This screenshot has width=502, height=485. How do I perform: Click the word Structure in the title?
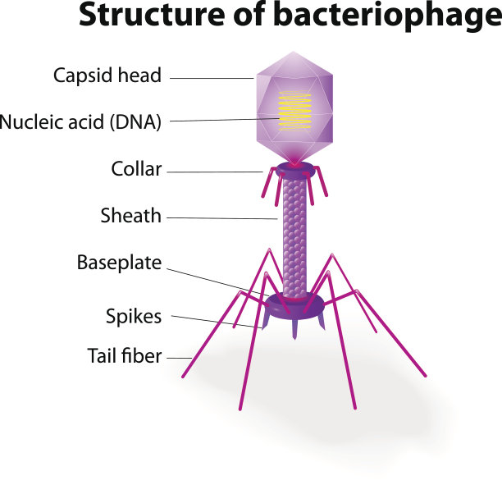point(147,17)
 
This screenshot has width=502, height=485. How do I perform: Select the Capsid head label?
point(107,75)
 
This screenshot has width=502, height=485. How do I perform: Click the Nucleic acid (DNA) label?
point(80,122)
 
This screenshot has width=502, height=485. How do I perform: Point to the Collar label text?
point(136,170)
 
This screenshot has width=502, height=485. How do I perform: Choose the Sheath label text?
point(130,217)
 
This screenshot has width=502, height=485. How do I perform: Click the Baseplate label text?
point(119,263)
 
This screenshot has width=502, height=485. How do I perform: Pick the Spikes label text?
point(134,316)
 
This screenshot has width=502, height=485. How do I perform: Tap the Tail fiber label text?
point(125,356)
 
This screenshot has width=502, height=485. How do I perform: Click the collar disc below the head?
point(294,170)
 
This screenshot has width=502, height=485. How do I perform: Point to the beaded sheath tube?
point(294,238)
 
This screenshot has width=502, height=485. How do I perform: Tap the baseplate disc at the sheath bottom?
point(294,304)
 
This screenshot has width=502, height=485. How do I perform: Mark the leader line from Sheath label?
point(222,218)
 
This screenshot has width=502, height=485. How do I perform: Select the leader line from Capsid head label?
point(212,79)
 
